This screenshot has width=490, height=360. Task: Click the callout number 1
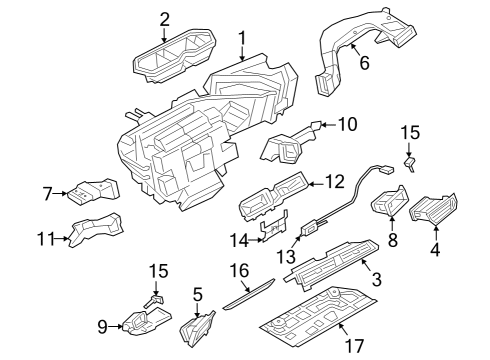pyautogui.click(x=242, y=38)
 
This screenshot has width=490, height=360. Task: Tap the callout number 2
pyautogui.click(x=164, y=20)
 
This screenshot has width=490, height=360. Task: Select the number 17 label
pyautogui.click(x=354, y=346)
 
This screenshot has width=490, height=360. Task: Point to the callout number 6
pyautogui.click(x=365, y=63)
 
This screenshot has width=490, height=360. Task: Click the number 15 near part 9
pyautogui.click(x=158, y=271)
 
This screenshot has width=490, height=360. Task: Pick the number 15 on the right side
pyautogui.click(x=410, y=132)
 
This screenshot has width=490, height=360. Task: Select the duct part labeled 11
pyautogui.click(x=95, y=229)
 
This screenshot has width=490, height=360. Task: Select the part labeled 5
pyautogui.click(x=197, y=329)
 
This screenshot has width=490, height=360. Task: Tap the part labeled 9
pyautogui.click(x=147, y=321)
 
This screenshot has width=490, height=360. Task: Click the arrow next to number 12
pyautogui.click(x=315, y=184)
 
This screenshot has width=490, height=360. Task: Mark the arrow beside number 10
pyautogui.click(x=328, y=125)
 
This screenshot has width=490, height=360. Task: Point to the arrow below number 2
pyautogui.click(x=164, y=36)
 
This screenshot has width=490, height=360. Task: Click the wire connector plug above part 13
pyautogui.click(x=387, y=170)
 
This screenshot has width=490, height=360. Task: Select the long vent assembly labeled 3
pyautogui.click(x=331, y=264)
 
